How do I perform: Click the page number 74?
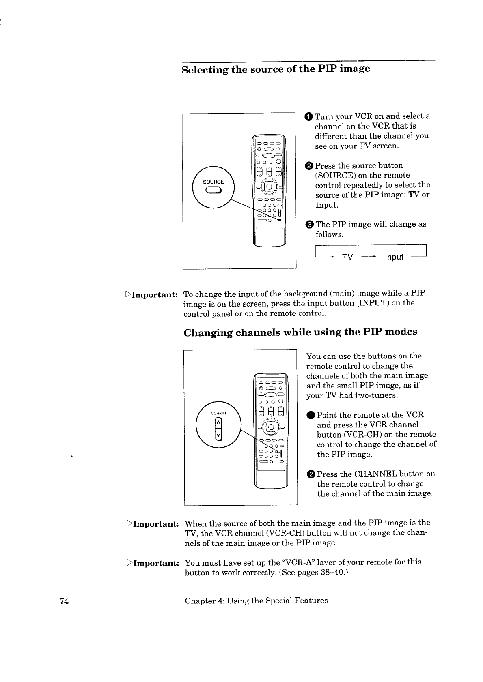point(64,601)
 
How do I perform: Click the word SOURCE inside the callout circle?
point(213,182)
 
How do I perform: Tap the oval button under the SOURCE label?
point(213,190)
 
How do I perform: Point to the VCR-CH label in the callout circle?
point(218,413)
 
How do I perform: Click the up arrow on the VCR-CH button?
point(218,423)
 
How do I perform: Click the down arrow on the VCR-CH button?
point(218,435)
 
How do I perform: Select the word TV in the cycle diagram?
point(347,257)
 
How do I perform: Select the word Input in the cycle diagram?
point(394,257)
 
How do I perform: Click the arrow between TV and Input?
point(369,257)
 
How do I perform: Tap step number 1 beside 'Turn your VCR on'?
point(309,117)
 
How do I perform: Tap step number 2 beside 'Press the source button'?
point(309,166)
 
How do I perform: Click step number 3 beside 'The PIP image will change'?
point(309,225)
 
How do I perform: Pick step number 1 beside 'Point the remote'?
point(310,415)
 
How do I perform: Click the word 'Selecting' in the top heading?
point(205,70)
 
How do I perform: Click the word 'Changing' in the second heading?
point(208,333)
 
